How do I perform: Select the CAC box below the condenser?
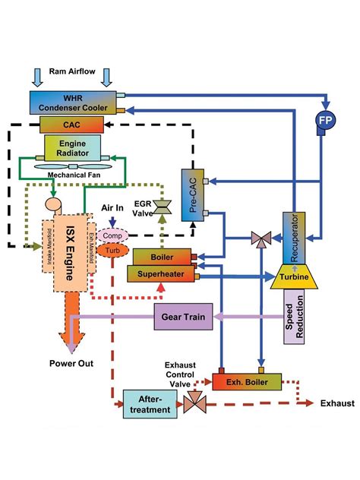(x=71, y=123)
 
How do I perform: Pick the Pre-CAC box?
(x=193, y=191)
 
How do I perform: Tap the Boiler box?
(x=163, y=257)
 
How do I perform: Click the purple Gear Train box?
(x=185, y=316)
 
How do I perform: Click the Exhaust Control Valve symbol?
(x=197, y=402)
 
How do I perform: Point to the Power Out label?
(x=72, y=363)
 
